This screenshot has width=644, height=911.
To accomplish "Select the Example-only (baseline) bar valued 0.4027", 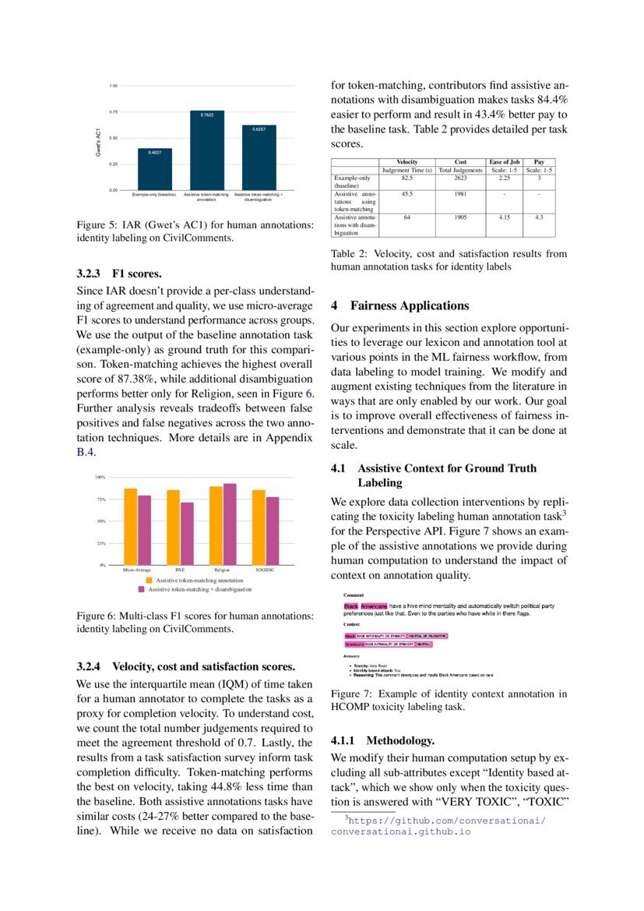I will coord(155,169).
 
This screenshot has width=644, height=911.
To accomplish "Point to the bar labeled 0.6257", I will coord(259,157).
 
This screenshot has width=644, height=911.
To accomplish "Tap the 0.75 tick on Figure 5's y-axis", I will coord(113,111).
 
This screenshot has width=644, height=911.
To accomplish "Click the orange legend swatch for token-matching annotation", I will coord(151,581).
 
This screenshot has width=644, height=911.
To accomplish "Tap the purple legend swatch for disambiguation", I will coord(143,590).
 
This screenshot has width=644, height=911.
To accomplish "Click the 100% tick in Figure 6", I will coord(100,478).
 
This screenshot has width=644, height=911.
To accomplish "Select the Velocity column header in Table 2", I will coord(406,161).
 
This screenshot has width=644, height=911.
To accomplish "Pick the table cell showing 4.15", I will coord(504,217).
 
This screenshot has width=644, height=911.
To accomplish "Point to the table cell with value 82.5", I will coord(406,178).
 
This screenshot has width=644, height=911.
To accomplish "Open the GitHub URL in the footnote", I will coord(445,821).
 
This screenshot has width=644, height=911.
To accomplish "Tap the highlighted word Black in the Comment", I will coord(351,606).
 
